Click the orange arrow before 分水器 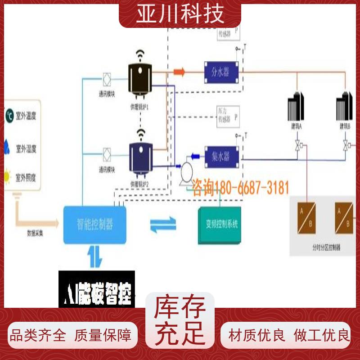click(180, 71)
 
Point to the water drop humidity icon click(8, 146)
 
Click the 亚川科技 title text click(180, 13)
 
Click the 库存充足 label click(180, 321)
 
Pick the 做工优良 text click(321, 335)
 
